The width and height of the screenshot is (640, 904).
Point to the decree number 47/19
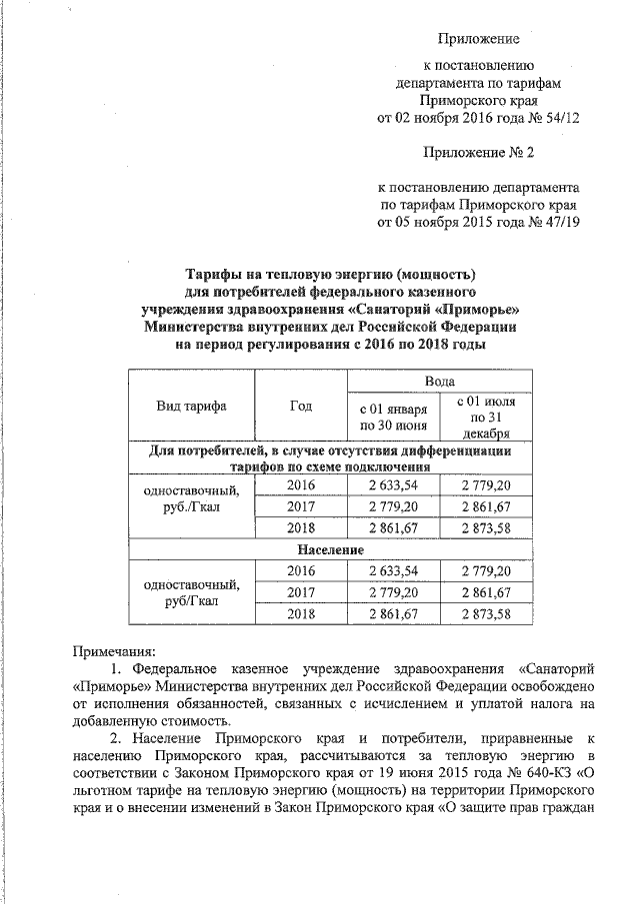[560, 222]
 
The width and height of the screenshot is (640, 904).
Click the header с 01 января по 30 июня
[394, 418]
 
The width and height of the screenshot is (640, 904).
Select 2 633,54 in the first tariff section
[394, 485]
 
